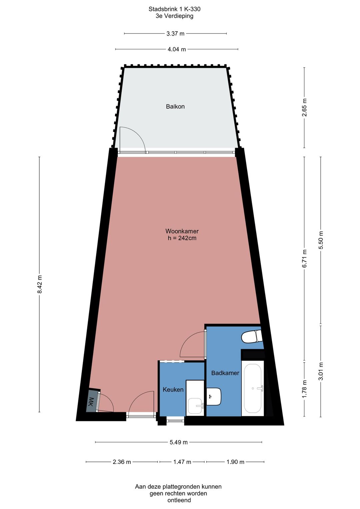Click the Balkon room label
(175, 106)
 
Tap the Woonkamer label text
(182, 231)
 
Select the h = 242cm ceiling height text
(182, 238)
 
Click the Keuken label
(173, 390)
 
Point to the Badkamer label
(225, 373)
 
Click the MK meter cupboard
(91, 401)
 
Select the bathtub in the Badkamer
(253, 388)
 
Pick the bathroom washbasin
(214, 396)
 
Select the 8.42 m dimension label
(40, 284)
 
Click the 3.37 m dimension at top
(175, 34)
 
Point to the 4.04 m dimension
(177, 49)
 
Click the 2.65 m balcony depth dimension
(304, 107)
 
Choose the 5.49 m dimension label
(178, 442)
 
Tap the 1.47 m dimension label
(182, 462)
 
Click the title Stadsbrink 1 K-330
(174, 9)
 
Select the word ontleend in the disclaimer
(179, 500)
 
